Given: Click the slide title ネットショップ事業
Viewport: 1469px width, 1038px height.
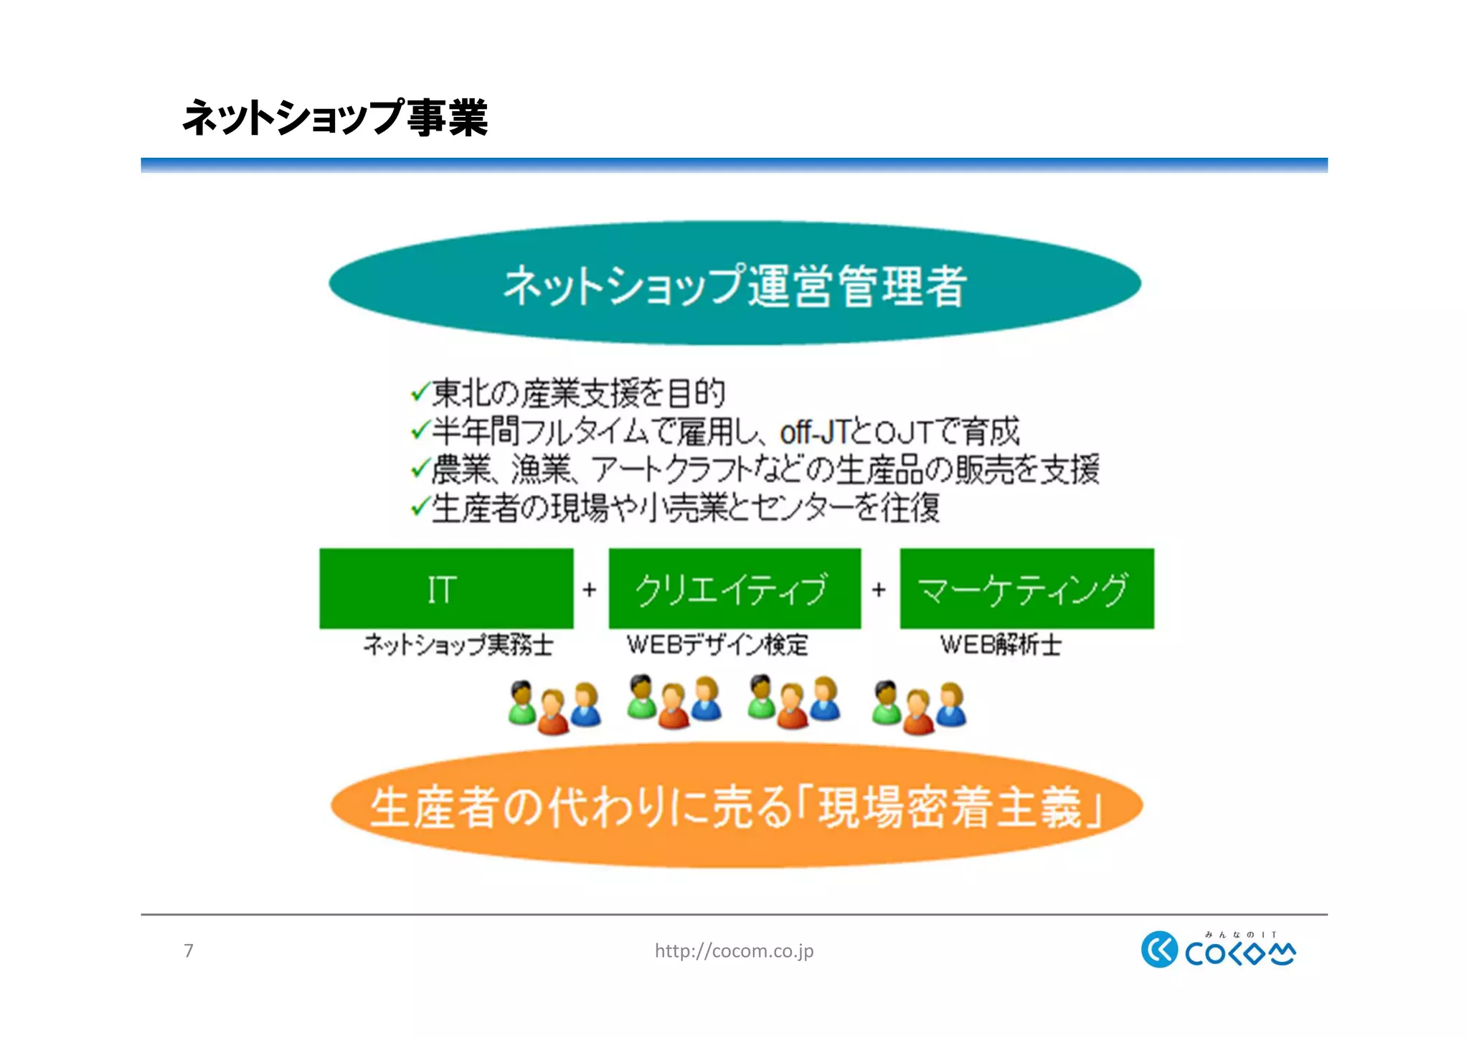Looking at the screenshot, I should (x=335, y=118).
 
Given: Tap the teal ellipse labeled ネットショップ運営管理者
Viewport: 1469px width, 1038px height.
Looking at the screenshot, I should (x=734, y=284).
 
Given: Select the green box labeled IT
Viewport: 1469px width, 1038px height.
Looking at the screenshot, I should (x=446, y=588).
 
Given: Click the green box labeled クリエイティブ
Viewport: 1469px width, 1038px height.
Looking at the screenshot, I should (x=734, y=588).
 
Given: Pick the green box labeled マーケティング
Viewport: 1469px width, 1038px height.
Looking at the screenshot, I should (x=1026, y=588).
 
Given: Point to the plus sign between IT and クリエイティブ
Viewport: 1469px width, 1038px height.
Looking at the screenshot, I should (x=590, y=590).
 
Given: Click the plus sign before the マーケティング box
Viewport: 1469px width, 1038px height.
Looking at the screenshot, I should (x=879, y=590).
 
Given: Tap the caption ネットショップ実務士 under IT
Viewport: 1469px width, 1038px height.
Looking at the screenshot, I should (x=458, y=644).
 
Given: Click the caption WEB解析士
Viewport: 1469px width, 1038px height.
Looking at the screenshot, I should (x=1001, y=644).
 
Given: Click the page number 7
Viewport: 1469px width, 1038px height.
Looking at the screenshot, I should (x=189, y=950).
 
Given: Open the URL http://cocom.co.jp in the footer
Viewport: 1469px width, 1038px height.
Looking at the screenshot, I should (x=734, y=950).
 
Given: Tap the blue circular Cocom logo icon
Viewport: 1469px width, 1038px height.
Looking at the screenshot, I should (x=1159, y=949).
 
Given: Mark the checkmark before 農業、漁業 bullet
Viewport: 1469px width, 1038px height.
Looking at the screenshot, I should (x=420, y=470).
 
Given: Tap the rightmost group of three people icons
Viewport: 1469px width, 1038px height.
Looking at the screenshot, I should (x=919, y=707).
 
